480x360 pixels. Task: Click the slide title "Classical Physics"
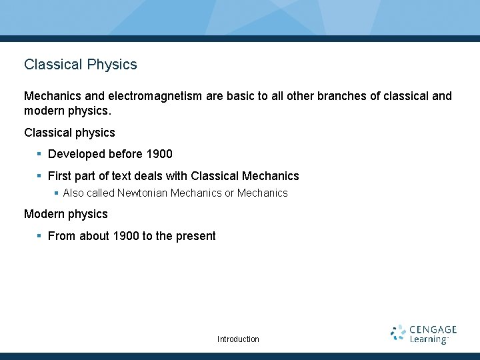point(81,65)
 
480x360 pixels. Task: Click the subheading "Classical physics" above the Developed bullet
point(69,133)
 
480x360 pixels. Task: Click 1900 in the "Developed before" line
point(159,154)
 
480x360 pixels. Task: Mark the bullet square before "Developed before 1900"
point(39,154)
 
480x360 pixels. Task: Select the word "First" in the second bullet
point(60,176)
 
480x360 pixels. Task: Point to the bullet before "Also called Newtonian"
point(56,193)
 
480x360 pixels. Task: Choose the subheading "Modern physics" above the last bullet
point(65,214)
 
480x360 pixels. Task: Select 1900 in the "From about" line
point(127,236)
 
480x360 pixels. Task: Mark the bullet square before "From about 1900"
point(39,236)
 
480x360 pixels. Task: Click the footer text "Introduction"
point(238,339)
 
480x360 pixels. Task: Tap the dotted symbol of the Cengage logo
point(398,333)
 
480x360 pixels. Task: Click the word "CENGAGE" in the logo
point(433,329)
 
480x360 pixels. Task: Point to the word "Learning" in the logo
point(429,339)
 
